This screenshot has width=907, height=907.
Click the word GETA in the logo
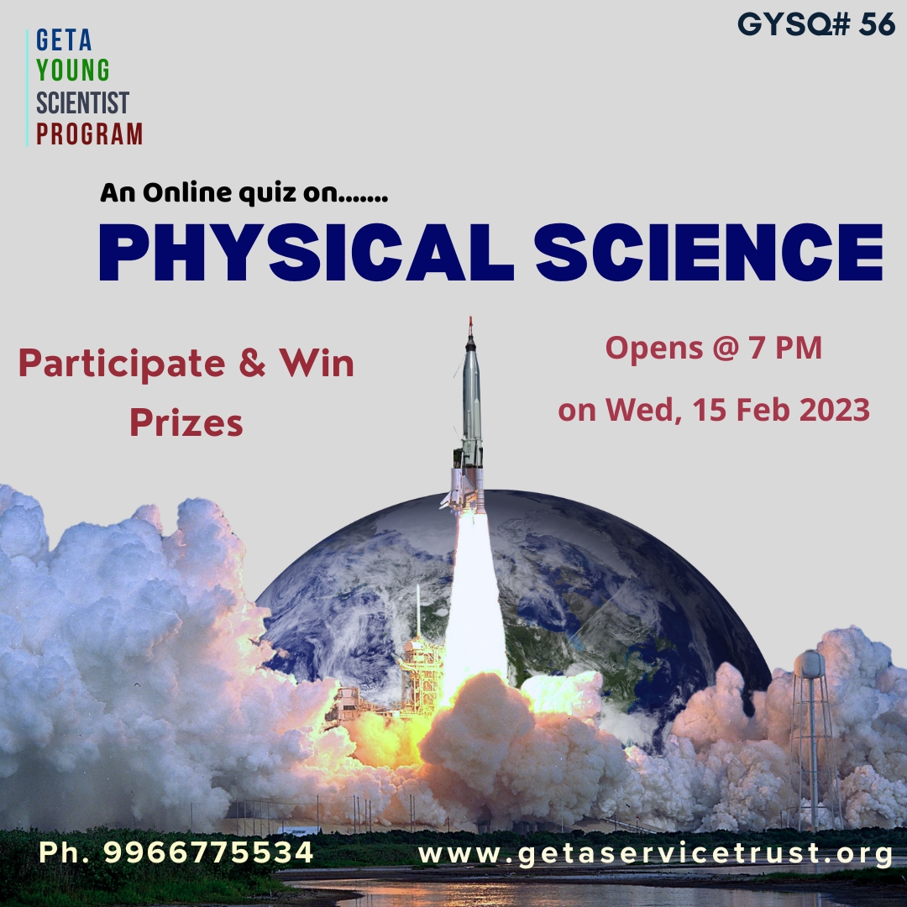pyautogui.click(x=64, y=40)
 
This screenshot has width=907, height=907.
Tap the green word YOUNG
pyautogui.click(x=73, y=71)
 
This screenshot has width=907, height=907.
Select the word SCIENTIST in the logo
pyautogui.click(x=82, y=103)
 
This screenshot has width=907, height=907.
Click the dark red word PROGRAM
pyautogui.click(x=89, y=134)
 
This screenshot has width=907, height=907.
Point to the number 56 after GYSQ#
pyautogui.click(x=877, y=24)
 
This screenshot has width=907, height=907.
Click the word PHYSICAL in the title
pyautogui.click(x=306, y=253)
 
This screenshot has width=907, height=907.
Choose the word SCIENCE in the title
pyautogui.click(x=709, y=253)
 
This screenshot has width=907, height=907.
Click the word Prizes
pyautogui.click(x=186, y=422)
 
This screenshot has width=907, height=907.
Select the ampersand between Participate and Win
pyautogui.click(x=252, y=364)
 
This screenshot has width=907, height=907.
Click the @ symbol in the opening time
pyautogui.click(x=726, y=349)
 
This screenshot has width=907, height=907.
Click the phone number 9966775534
pyautogui.click(x=208, y=852)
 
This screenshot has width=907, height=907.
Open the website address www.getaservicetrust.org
pyautogui.click(x=655, y=854)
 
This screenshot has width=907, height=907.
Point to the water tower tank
pyautogui.click(x=810, y=664)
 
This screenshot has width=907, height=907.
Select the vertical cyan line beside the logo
pyautogui.click(x=27, y=88)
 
